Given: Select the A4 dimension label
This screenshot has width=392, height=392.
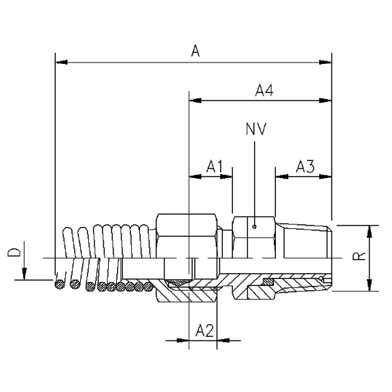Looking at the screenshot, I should click(265, 89).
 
